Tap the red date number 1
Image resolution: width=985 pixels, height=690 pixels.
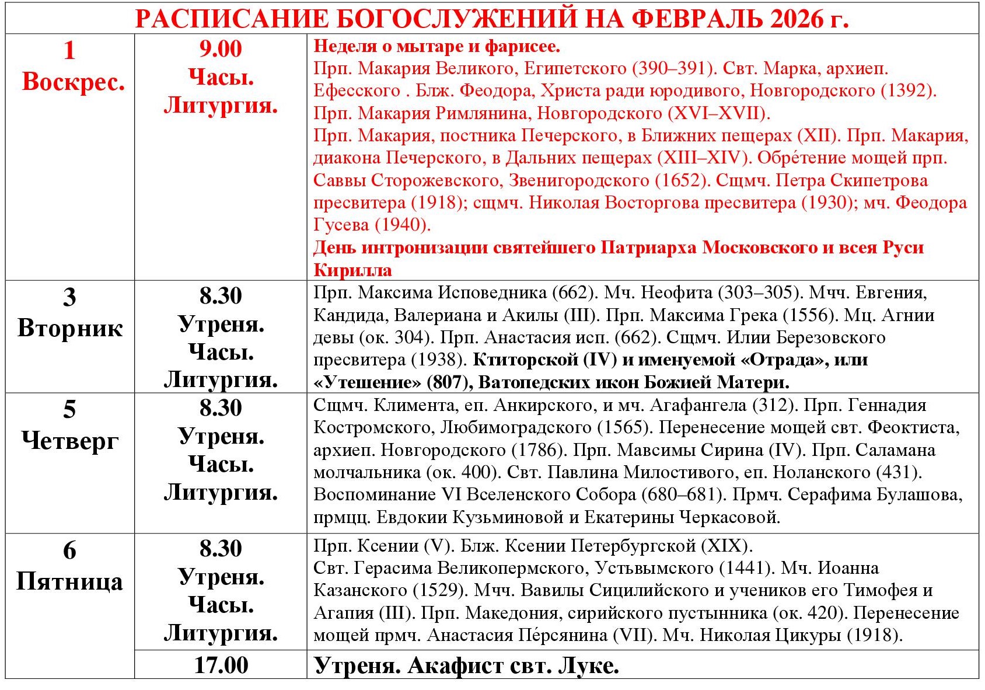point(69,50)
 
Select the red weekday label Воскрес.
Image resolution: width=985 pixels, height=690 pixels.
point(73,82)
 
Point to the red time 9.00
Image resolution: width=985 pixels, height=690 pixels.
point(221,48)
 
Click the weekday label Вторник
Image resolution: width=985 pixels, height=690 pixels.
point(70,328)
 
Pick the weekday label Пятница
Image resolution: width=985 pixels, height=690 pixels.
point(70,581)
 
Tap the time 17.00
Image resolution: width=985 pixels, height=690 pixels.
point(221,665)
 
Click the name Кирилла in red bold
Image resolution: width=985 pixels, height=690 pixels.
point(352,270)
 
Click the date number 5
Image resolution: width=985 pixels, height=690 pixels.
point(69,409)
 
